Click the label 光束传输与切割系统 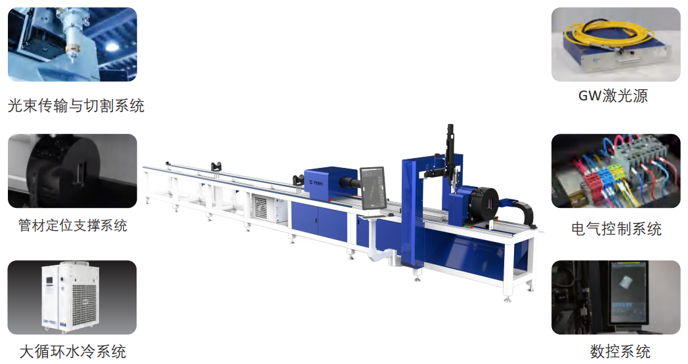76,106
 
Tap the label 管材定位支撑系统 73,226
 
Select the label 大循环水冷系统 73,352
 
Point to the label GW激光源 613,96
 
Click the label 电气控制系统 616,228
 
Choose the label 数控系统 620,352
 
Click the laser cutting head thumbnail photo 72,45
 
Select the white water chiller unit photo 72,297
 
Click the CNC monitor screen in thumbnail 628,293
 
